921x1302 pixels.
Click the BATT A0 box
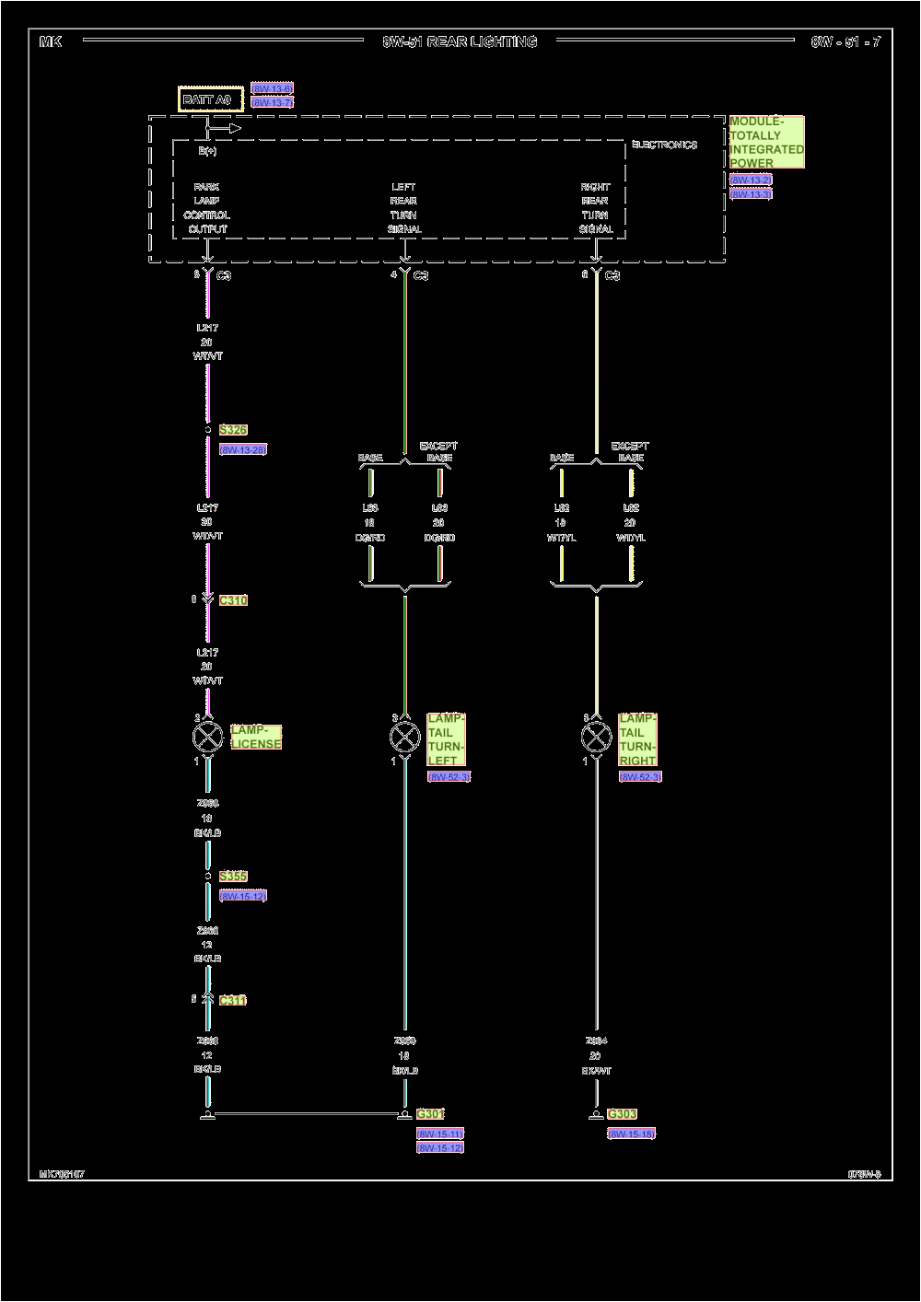tap(211, 99)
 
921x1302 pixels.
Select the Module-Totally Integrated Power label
tap(766, 142)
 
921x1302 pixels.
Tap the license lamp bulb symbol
tap(207, 737)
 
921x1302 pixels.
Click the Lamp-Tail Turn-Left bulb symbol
tap(405, 737)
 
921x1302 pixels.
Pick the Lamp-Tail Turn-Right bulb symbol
tap(596, 737)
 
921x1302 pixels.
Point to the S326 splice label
tap(233, 430)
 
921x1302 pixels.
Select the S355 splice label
tap(233, 877)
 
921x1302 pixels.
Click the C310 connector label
tap(233, 600)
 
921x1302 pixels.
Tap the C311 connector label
tap(233, 1000)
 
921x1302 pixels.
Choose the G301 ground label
tap(430, 1114)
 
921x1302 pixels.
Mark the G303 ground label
tap(622, 1114)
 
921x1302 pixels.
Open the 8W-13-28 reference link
tap(243, 449)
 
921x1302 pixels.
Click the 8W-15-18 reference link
tap(631, 1133)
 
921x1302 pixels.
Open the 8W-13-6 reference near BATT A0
tap(272, 88)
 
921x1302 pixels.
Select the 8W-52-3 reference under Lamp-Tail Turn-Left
tap(449, 777)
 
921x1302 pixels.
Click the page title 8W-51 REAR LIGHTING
tap(460, 41)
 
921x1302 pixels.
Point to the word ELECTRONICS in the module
tap(664, 145)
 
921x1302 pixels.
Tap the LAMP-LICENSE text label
tap(256, 737)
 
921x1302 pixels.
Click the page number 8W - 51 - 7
tap(845, 41)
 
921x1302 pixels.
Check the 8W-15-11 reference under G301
tap(439, 1133)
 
